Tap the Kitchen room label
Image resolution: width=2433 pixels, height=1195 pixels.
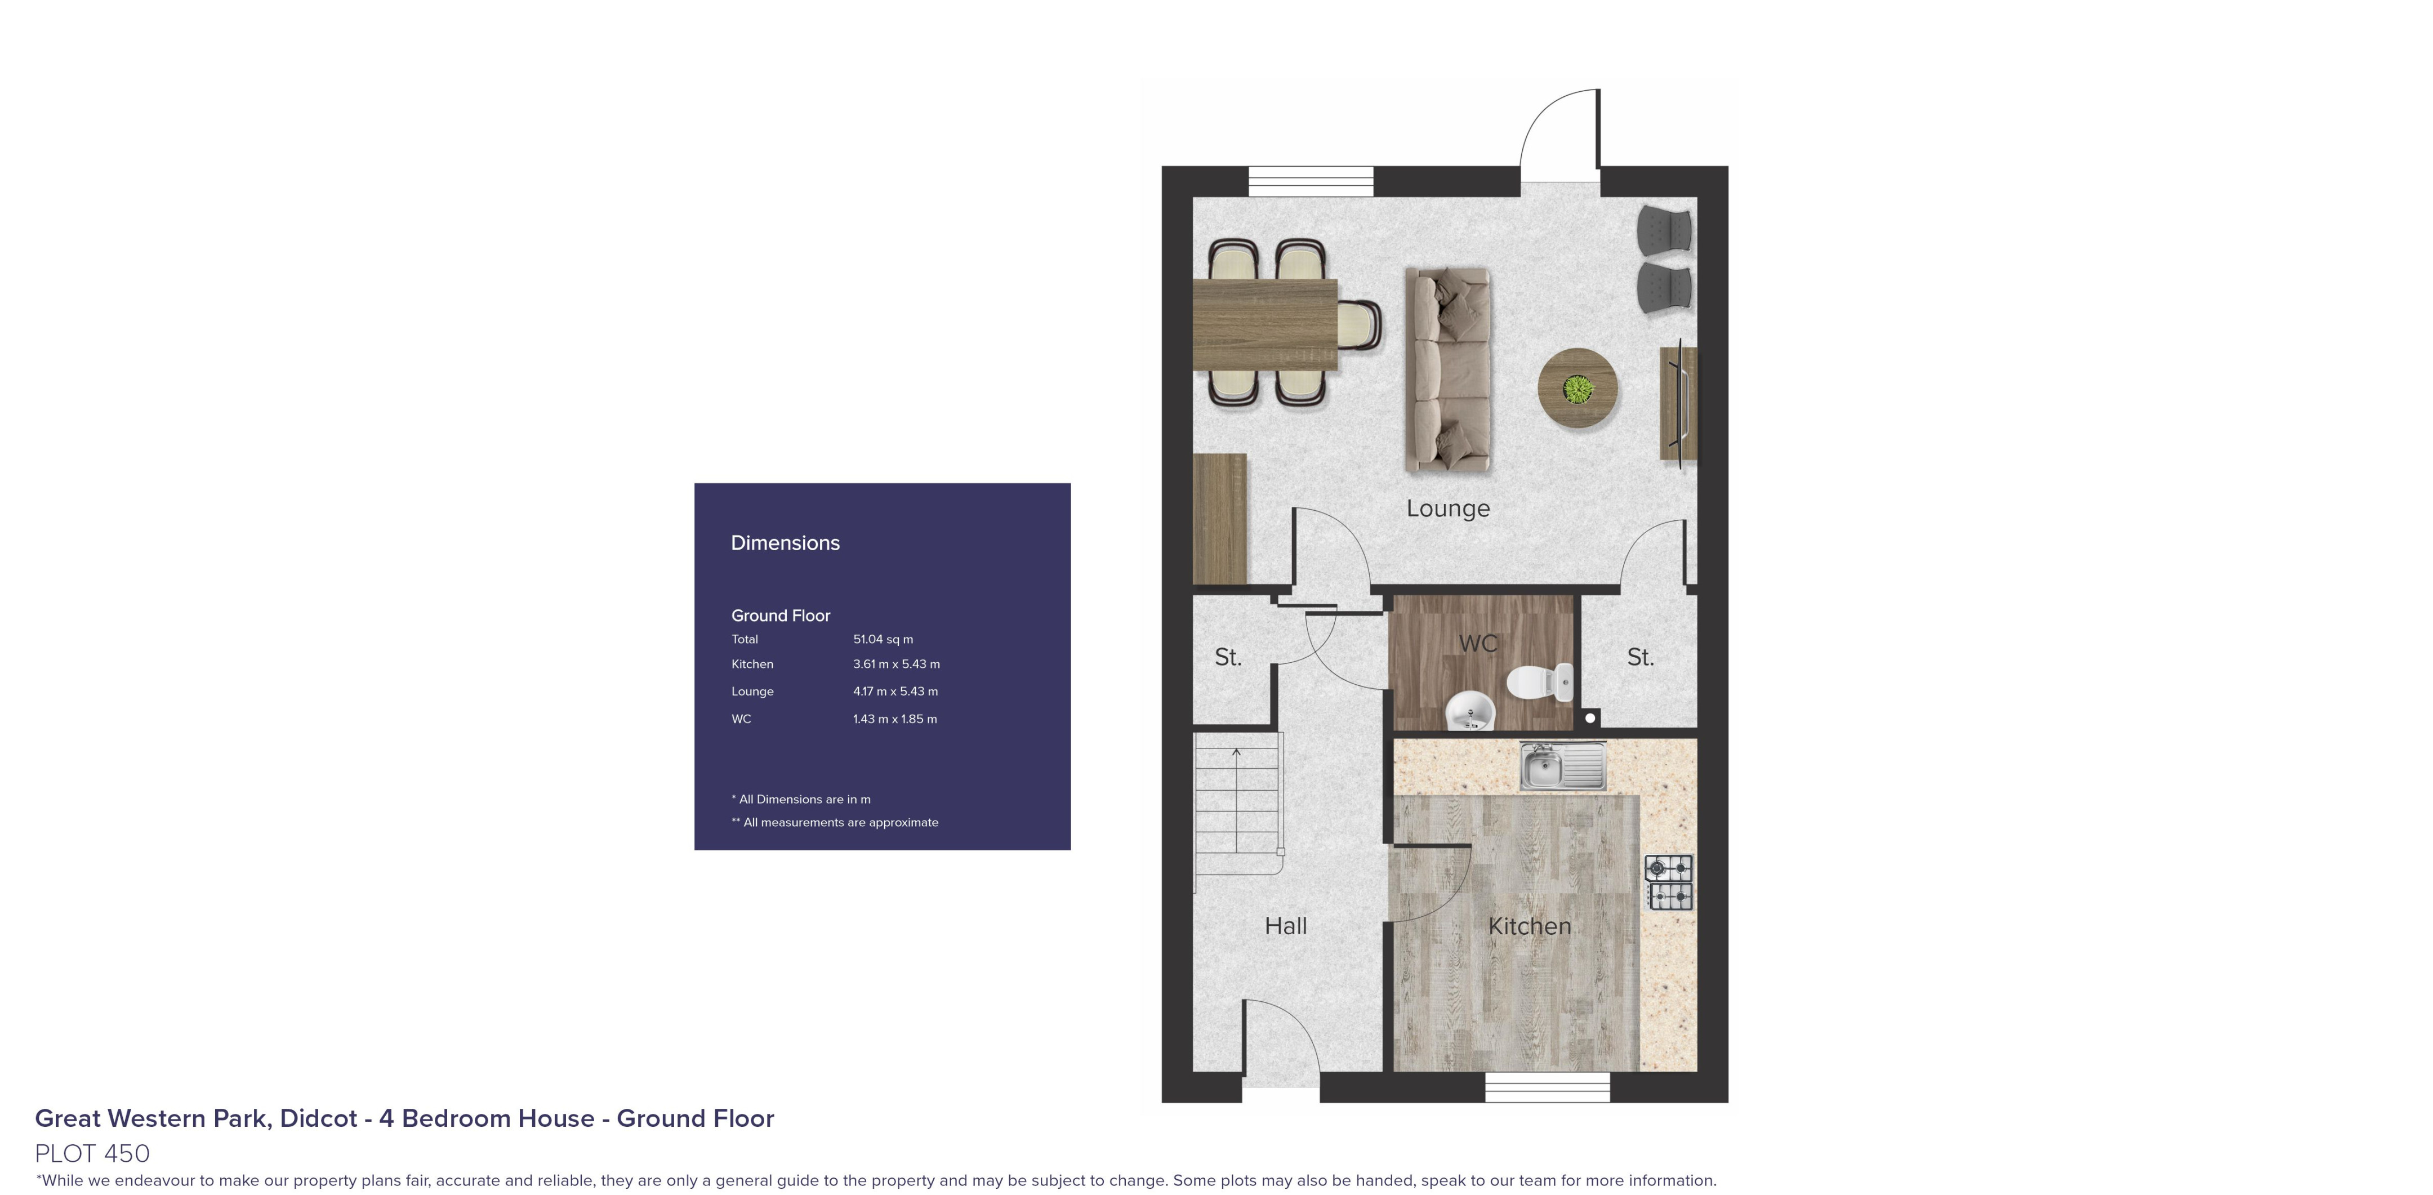[x=1529, y=926]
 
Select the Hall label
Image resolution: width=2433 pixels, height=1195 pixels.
[x=1285, y=926]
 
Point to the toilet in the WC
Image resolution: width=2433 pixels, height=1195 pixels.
[x=1540, y=681]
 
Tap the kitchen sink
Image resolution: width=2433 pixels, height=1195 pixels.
[x=1562, y=765]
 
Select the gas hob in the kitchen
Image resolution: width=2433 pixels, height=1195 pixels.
[x=1669, y=882]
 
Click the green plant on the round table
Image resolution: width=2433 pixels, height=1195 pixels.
[x=1578, y=388]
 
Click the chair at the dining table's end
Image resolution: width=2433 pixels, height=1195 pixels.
[x=1361, y=325]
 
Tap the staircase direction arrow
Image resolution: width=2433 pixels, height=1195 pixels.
[x=1236, y=753]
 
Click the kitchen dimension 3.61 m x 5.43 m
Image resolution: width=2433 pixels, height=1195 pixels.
[x=896, y=664]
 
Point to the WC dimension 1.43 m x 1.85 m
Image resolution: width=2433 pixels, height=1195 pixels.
[x=894, y=719]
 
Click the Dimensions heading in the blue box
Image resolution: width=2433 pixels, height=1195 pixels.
[x=785, y=543]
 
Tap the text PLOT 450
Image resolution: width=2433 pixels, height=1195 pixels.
[x=92, y=1153]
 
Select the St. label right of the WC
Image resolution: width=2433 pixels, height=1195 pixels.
[x=1639, y=658]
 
